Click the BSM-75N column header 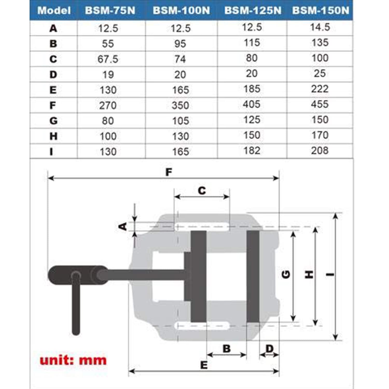[110, 11]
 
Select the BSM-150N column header [321, 11]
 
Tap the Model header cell [54, 11]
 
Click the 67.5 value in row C [108, 59]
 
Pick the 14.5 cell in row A [320, 27]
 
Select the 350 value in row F [180, 105]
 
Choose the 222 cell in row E [320, 89]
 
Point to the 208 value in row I [320, 150]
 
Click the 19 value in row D [108, 75]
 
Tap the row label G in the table [53, 121]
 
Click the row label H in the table [53, 136]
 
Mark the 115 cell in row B [252, 43]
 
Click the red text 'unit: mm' [73, 360]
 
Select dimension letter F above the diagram [169, 172]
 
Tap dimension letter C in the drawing [202, 191]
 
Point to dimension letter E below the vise [204, 365]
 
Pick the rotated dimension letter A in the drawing [123, 226]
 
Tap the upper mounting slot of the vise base [202, 226]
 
